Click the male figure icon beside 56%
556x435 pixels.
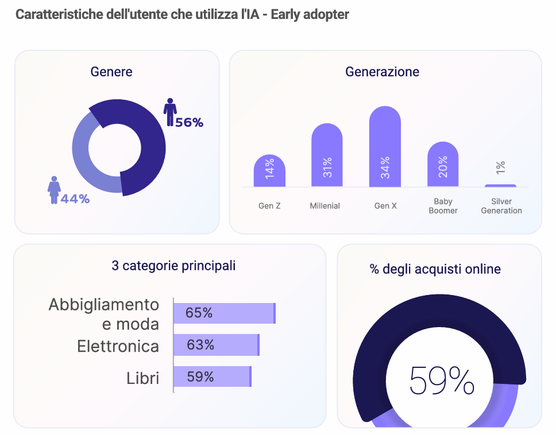(x=170, y=111)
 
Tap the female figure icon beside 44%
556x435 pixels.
(x=54, y=189)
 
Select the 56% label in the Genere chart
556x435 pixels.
(x=190, y=122)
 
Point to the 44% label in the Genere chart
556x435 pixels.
(x=75, y=199)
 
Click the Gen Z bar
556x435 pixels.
(x=269, y=170)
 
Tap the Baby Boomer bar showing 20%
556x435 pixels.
(x=443, y=164)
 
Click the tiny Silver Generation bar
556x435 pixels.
(x=500, y=185)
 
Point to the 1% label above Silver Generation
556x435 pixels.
(x=501, y=168)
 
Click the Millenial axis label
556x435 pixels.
(x=325, y=205)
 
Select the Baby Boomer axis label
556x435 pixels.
(x=443, y=206)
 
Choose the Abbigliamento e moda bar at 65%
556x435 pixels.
(x=225, y=313)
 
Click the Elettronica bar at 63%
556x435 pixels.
(x=217, y=345)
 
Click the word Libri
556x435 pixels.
(x=142, y=378)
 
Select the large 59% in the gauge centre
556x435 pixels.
(x=442, y=380)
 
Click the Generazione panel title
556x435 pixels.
(x=382, y=72)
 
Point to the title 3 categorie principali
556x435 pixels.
(x=173, y=266)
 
